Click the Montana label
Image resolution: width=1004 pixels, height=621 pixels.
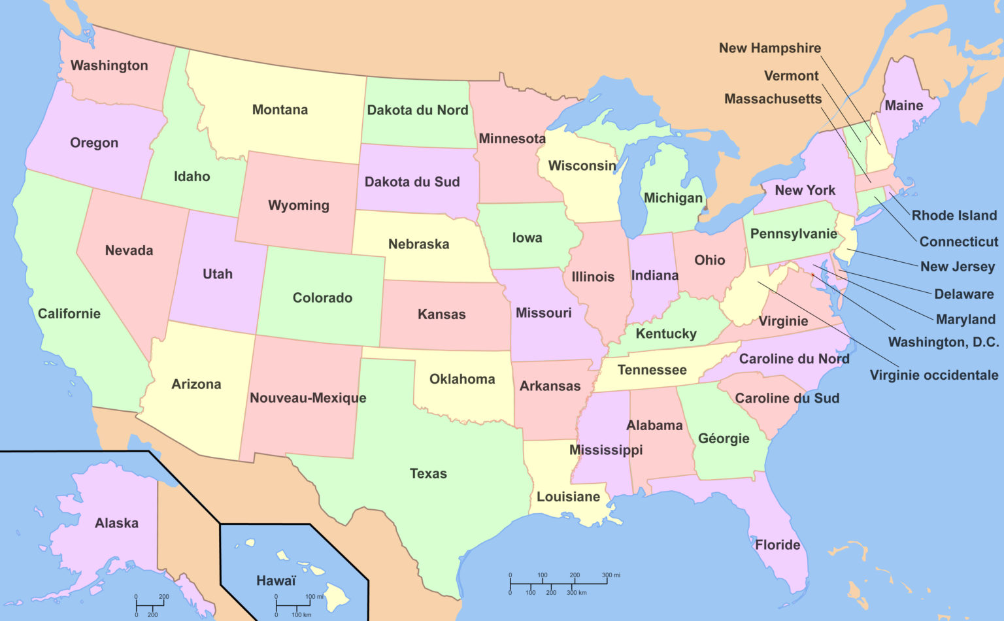click(280, 110)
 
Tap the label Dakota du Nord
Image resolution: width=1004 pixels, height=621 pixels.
click(417, 110)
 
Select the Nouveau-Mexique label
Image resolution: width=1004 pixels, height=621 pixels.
click(308, 397)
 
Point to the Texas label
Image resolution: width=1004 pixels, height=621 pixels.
click(428, 473)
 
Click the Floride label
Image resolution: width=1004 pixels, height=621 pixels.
click(777, 545)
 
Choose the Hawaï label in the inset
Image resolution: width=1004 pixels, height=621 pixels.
click(276, 580)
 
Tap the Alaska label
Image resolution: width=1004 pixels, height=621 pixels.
click(116, 523)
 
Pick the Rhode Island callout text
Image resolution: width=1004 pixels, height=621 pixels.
click(954, 215)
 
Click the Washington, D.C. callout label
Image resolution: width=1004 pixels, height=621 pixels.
click(943, 342)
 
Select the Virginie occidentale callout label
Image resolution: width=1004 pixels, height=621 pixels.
click(933, 375)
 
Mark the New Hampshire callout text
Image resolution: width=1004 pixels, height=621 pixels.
click(769, 48)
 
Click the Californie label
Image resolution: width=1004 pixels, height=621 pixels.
click(69, 313)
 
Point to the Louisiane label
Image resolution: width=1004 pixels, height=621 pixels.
click(568, 497)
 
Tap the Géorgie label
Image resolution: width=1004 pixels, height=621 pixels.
click(724, 439)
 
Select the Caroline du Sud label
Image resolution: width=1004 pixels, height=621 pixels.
click(786, 398)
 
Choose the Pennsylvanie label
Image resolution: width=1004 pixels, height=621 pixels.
click(794, 233)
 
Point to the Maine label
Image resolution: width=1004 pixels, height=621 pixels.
click(903, 105)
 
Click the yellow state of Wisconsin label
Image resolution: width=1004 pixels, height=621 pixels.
click(582, 165)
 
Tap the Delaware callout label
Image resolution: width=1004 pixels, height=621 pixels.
click(963, 294)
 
